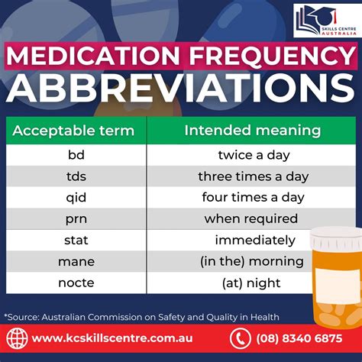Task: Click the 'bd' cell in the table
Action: point(76,154)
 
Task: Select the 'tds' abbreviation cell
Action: point(76,176)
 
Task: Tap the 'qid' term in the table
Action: point(76,197)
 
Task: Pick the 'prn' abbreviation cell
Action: point(76,218)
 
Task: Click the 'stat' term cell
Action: point(76,240)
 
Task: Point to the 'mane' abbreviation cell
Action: point(76,261)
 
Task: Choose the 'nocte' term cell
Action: point(76,283)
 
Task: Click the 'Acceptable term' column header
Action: point(76,130)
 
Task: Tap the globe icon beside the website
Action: point(18,338)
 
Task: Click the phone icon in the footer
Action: point(240,338)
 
